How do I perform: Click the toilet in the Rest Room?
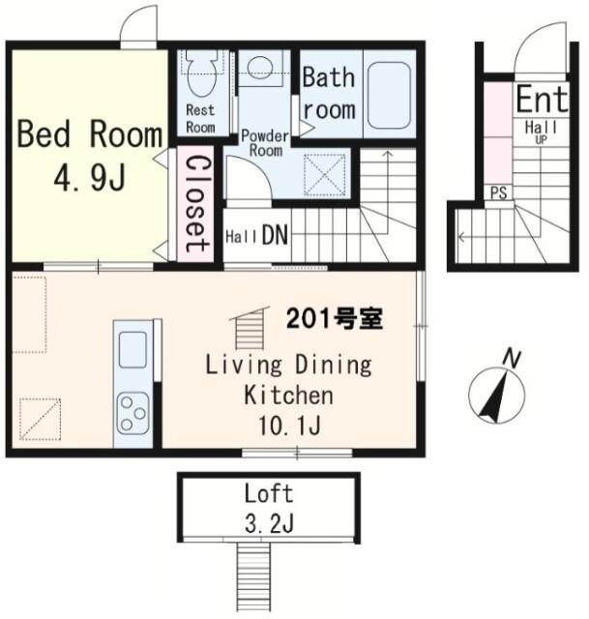(x=202, y=70)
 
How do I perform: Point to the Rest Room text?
(x=200, y=118)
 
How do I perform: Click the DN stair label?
(x=274, y=235)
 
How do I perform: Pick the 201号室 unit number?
(x=335, y=319)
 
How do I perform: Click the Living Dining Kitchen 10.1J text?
(x=287, y=395)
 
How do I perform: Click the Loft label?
(x=268, y=494)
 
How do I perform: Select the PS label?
(x=498, y=192)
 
